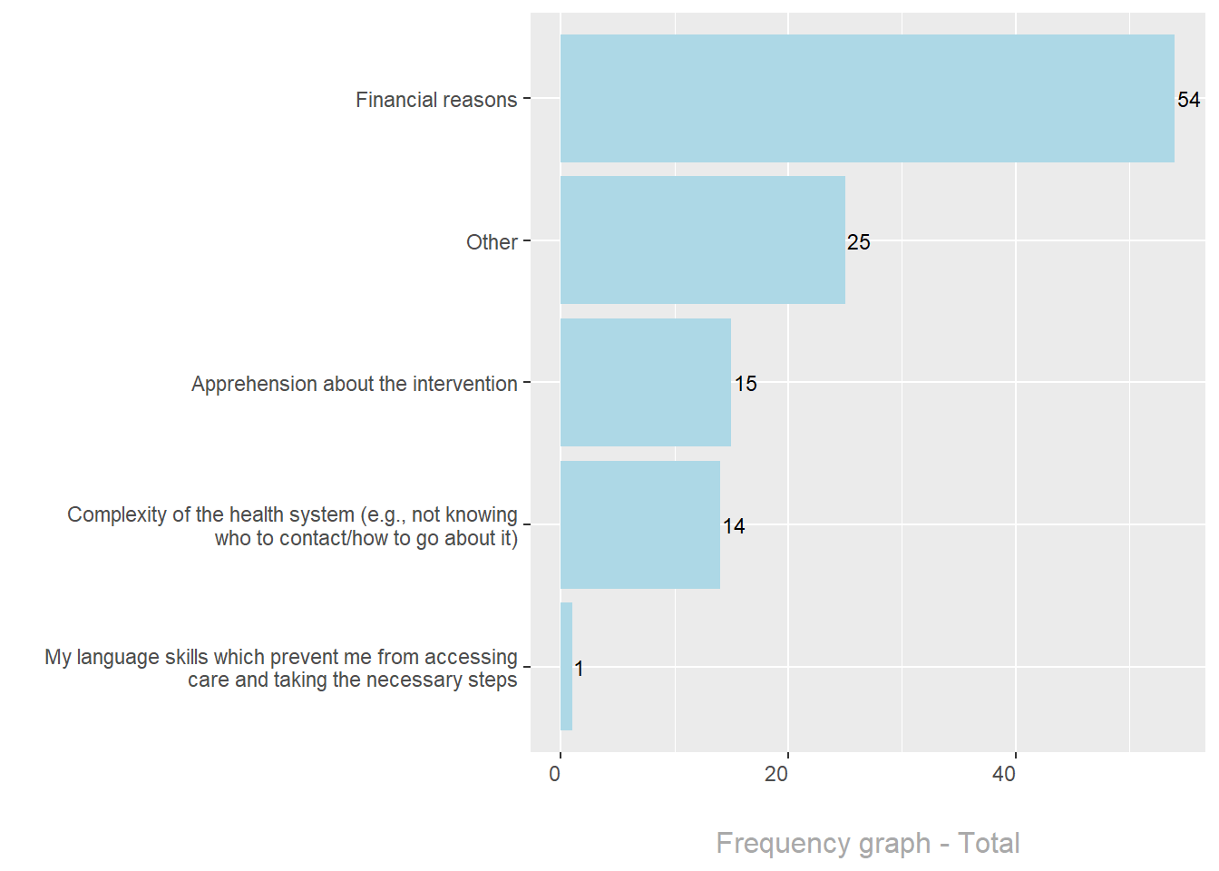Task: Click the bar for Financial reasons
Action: [x=867, y=99]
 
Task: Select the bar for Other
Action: [x=703, y=240]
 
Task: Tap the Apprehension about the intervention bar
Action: [x=646, y=382]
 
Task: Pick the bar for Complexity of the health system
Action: [x=640, y=524]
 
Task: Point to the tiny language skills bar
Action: [x=567, y=667]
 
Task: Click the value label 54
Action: [x=1188, y=100]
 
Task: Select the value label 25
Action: [x=858, y=242]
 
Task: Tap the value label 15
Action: [x=746, y=384]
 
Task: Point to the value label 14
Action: [x=734, y=526]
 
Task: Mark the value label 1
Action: [x=580, y=669]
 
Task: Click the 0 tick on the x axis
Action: [x=555, y=774]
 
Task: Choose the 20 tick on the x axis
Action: [x=776, y=774]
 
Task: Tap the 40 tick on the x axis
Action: [x=1004, y=774]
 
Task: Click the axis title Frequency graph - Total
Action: [x=868, y=843]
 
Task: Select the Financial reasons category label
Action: [x=436, y=100]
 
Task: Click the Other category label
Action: [x=492, y=242]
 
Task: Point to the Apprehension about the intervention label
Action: [x=354, y=384]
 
